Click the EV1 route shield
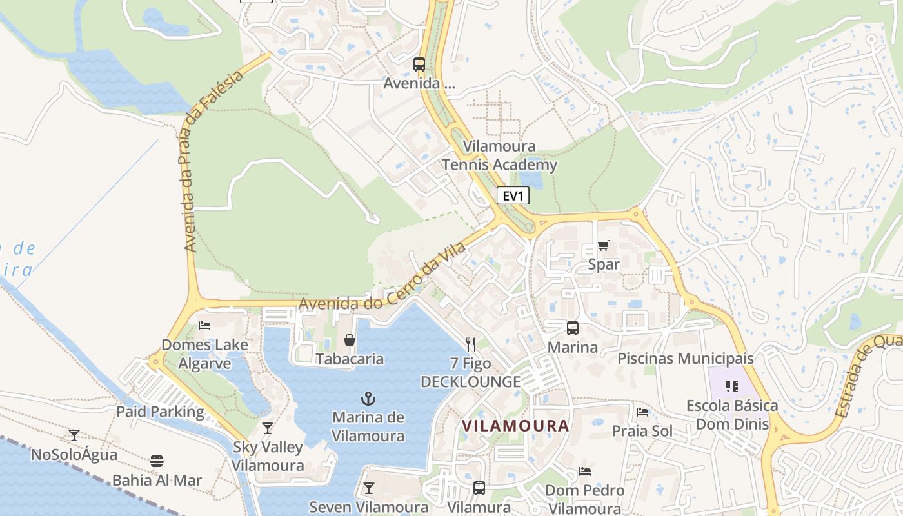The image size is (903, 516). [513, 195]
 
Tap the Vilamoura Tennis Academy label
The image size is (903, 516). [499, 155]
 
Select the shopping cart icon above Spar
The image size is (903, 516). [604, 245]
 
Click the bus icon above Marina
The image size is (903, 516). [572, 328]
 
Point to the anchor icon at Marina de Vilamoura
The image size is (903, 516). [368, 398]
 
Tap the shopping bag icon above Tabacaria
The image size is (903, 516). [350, 339]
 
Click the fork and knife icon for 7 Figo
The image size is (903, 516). [471, 344]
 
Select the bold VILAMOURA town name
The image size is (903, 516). [516, 426]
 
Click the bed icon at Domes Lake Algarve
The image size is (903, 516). [204, 325]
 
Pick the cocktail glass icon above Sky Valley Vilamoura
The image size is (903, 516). [268, 428]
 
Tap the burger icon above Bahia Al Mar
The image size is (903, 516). [157, 461]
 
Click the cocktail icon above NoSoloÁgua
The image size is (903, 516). [74, 435]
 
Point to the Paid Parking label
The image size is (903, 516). [160, 412]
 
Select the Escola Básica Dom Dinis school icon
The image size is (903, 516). [731, 386]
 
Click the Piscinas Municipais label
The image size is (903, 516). [686, 358]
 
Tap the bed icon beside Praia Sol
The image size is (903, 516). [642, 412]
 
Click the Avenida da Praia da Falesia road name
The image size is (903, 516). [213, 161]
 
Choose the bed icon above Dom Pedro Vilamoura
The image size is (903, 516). [585, 471]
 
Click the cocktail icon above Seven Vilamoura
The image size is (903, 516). [369, 488]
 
